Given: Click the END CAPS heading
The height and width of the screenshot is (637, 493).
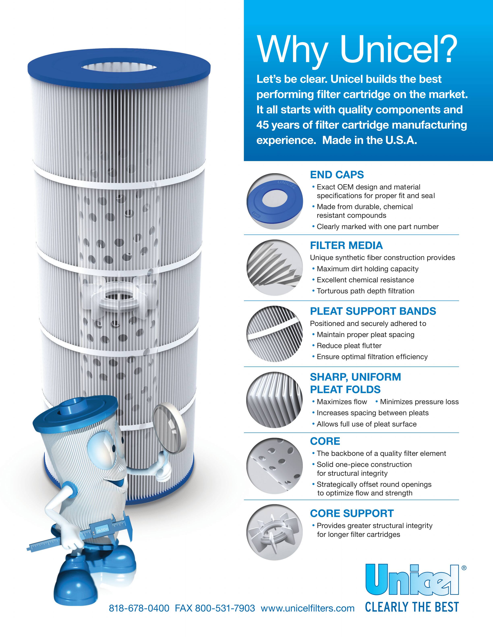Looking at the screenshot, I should tap(337, 175).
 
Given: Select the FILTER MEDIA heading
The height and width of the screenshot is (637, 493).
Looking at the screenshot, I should tap(346, 245).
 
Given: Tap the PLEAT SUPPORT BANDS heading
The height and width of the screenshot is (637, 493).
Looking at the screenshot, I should tap(373, 311).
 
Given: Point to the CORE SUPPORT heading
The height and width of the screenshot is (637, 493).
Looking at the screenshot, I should tap(352, 513).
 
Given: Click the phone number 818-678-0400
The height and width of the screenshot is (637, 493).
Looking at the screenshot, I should tap(139, 608).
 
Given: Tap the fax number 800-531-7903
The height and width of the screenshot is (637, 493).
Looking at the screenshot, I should tap(225, 608).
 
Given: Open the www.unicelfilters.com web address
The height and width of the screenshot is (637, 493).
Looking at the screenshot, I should tap(308, 608).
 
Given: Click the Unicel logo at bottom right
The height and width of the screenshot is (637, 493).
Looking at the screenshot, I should tap(412, 580).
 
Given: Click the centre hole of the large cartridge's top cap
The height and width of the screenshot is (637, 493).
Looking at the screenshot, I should tap(119, 68).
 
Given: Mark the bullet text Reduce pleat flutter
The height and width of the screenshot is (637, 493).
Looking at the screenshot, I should tap(349, 346).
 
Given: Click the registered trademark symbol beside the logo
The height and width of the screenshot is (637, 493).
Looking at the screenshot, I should tap(464, 568).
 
